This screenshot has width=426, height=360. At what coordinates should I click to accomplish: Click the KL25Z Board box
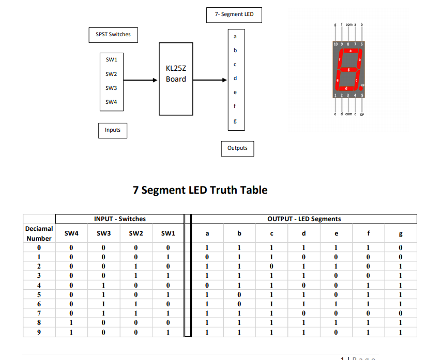click(176, 79)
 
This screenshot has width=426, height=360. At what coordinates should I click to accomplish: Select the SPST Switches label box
click(113, 35)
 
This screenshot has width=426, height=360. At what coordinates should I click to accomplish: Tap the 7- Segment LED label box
click(234, 14)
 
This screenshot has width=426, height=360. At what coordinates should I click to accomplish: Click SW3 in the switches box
click(112, 88)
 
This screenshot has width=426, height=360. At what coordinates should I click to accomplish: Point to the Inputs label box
click(112, 130)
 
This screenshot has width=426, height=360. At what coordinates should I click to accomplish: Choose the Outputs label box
click(237, 148)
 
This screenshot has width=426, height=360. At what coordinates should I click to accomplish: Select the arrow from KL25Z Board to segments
click(210, 80)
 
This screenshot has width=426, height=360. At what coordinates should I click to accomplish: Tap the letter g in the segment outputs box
click(235, 121)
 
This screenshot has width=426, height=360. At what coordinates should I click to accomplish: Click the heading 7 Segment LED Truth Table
click(200, 190)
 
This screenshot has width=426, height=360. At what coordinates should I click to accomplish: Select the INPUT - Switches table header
click(120, 219)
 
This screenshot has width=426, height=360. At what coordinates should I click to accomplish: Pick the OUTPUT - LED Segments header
click(304, 219)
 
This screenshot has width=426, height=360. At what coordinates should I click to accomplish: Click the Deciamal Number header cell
click(39, 233)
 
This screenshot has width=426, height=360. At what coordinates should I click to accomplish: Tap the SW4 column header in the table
click(71, 233)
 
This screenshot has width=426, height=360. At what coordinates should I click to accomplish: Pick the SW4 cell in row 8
click(71, 323)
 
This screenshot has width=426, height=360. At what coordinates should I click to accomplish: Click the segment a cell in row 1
click(207, 257)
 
